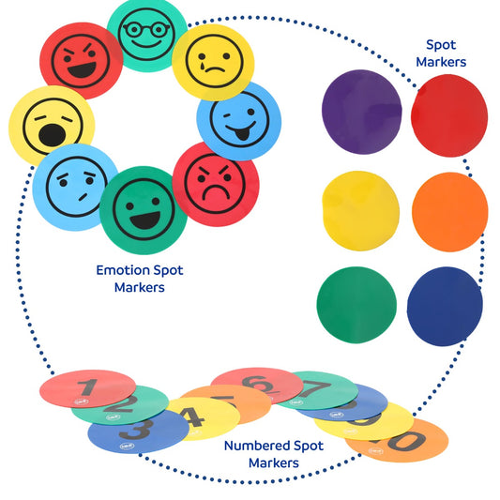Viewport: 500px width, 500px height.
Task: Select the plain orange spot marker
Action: click(x=449, y=211)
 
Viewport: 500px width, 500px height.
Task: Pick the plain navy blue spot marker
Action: click(x=445, y=306)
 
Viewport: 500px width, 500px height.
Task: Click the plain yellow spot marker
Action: click(x=361, y=211)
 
